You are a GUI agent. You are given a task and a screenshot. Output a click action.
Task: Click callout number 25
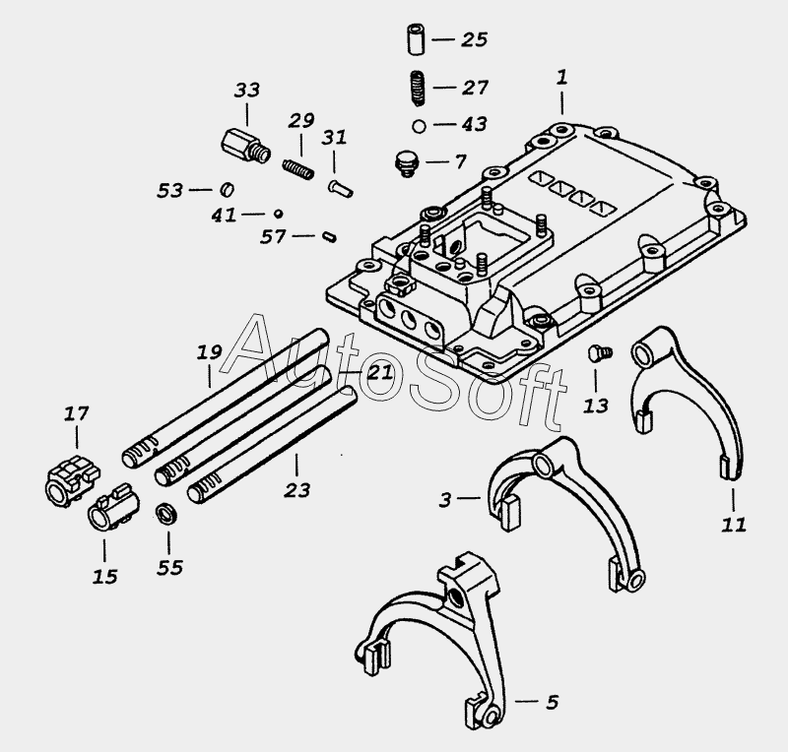pos(474,40)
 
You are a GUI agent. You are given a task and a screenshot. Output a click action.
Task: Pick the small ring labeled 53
pos(225,188)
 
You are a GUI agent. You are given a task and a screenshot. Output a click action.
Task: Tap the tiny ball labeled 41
pos(280,212)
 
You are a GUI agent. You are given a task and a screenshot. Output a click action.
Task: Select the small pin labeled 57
pos(330,235)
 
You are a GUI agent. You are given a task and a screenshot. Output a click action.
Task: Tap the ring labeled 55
pos(166,514)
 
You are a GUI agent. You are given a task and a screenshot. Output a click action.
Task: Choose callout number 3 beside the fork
pos(446,500)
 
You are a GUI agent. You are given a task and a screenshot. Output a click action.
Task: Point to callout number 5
pos(551,702)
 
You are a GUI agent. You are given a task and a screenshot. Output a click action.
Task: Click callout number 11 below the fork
pos(733,523)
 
